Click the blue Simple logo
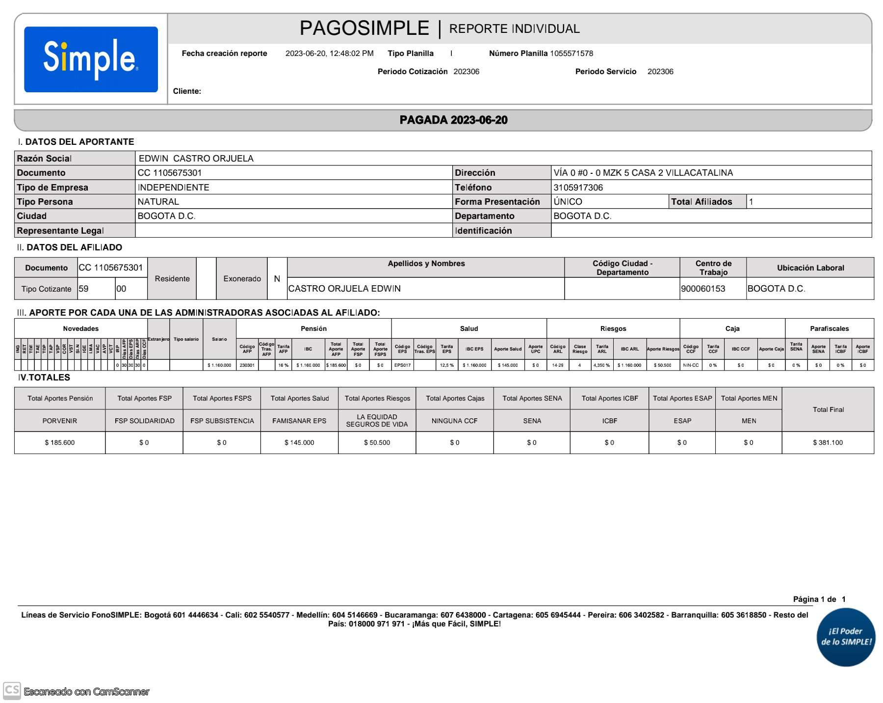tap(91, 59)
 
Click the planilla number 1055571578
tap(571, 54)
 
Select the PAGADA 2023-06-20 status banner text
tap(453, 120)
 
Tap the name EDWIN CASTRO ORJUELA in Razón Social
tap(196, 159)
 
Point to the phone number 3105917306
tap(578, 188)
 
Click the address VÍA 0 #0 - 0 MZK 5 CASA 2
tap(643, 173)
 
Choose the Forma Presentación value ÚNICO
tap(568, 202)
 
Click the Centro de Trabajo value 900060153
tap(703, 289)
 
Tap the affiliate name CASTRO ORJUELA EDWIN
tap(344, 289)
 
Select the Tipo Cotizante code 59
tap(84, 289)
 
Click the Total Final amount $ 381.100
tap(828, 443)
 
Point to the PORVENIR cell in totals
tap(60, 421)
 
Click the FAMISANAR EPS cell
tap(299, 421)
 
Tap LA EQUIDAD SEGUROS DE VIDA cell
tap(377, 421)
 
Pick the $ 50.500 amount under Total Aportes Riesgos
tap(377, 443)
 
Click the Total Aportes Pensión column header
tap(60, 398)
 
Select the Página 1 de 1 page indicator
tap(819, 599)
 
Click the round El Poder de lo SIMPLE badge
tap(846, 637)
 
